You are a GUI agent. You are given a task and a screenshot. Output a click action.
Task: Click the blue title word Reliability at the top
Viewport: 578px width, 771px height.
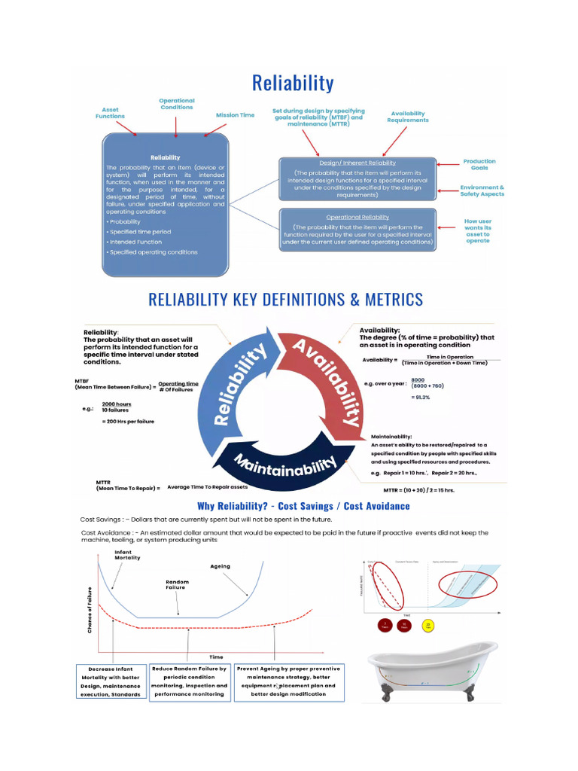[x=293, y=83]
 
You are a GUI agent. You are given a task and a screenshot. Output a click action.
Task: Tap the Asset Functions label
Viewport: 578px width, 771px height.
[x=111, y=113]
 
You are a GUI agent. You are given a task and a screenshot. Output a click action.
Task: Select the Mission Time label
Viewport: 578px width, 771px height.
[x=235, y=115]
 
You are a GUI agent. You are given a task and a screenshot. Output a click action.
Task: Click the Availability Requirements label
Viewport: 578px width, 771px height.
[x=408, y=117]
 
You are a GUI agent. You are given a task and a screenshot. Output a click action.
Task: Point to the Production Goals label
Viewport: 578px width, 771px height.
[x=479, y=164]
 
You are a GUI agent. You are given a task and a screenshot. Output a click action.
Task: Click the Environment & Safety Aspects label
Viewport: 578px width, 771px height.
[x=482, y=190]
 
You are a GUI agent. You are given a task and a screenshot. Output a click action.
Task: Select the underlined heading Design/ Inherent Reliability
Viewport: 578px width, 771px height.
[x=357, y=163]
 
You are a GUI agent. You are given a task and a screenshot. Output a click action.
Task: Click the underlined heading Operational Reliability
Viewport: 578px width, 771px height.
[x=357, y=217]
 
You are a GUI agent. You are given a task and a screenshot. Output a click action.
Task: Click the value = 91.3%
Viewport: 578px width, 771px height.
[x=420, y=397]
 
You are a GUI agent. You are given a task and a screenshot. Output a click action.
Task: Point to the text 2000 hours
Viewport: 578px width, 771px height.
[x=117, y=404]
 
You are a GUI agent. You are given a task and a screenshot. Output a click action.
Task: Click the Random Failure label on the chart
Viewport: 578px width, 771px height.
[x=177, y=584]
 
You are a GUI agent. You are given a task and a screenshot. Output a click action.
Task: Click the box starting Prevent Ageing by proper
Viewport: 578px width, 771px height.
[x=288, y=681]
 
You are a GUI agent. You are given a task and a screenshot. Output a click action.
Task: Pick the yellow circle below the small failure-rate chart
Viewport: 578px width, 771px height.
[x=430, y=626]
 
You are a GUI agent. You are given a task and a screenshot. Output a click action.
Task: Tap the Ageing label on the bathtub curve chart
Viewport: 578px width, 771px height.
[x=220, y=566]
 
